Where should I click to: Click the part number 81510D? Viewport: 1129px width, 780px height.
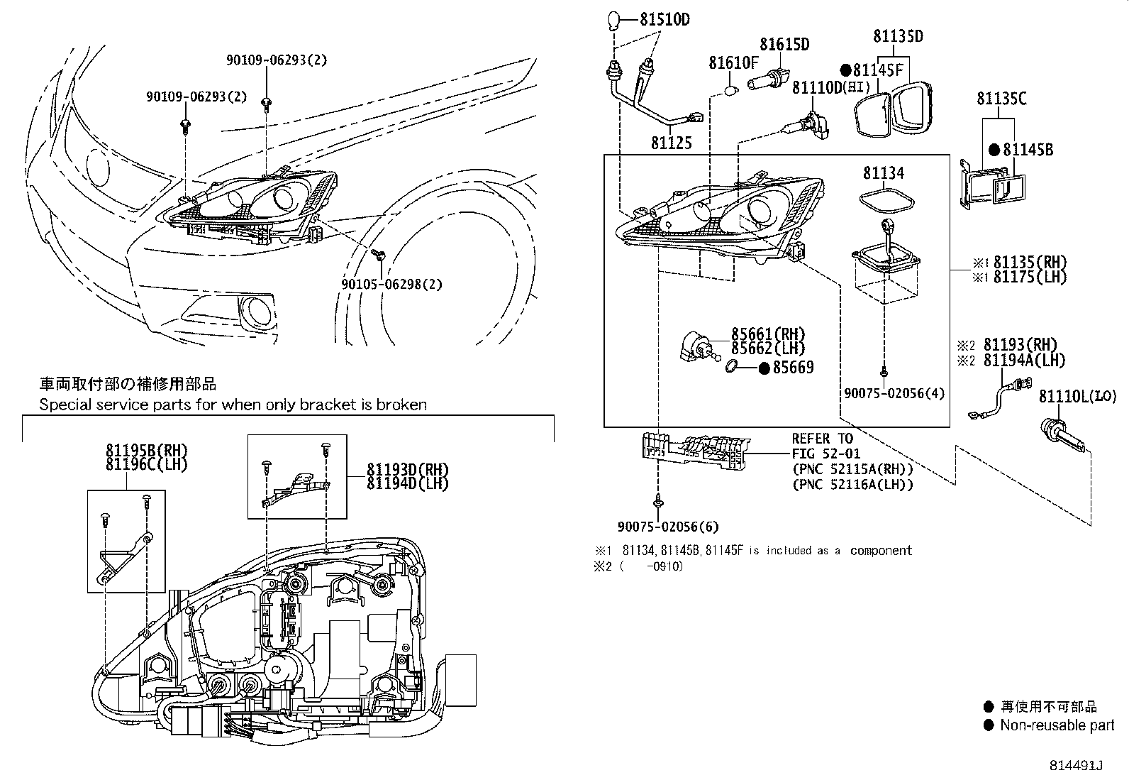664,19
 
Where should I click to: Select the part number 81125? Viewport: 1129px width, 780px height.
671,143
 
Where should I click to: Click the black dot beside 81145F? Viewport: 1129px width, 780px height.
845,70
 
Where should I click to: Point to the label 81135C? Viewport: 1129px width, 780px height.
1001,99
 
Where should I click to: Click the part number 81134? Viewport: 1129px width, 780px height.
884,172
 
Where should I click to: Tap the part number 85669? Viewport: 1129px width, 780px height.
793,368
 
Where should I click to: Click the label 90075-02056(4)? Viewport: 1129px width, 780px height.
894,392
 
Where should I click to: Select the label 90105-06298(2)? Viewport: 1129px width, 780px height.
391,284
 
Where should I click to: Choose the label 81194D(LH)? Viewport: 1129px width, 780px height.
408,483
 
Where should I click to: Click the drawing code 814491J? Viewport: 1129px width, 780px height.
1077,766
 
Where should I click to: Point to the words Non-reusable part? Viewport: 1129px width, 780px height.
1057,725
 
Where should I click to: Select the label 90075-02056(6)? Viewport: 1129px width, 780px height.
667,527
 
